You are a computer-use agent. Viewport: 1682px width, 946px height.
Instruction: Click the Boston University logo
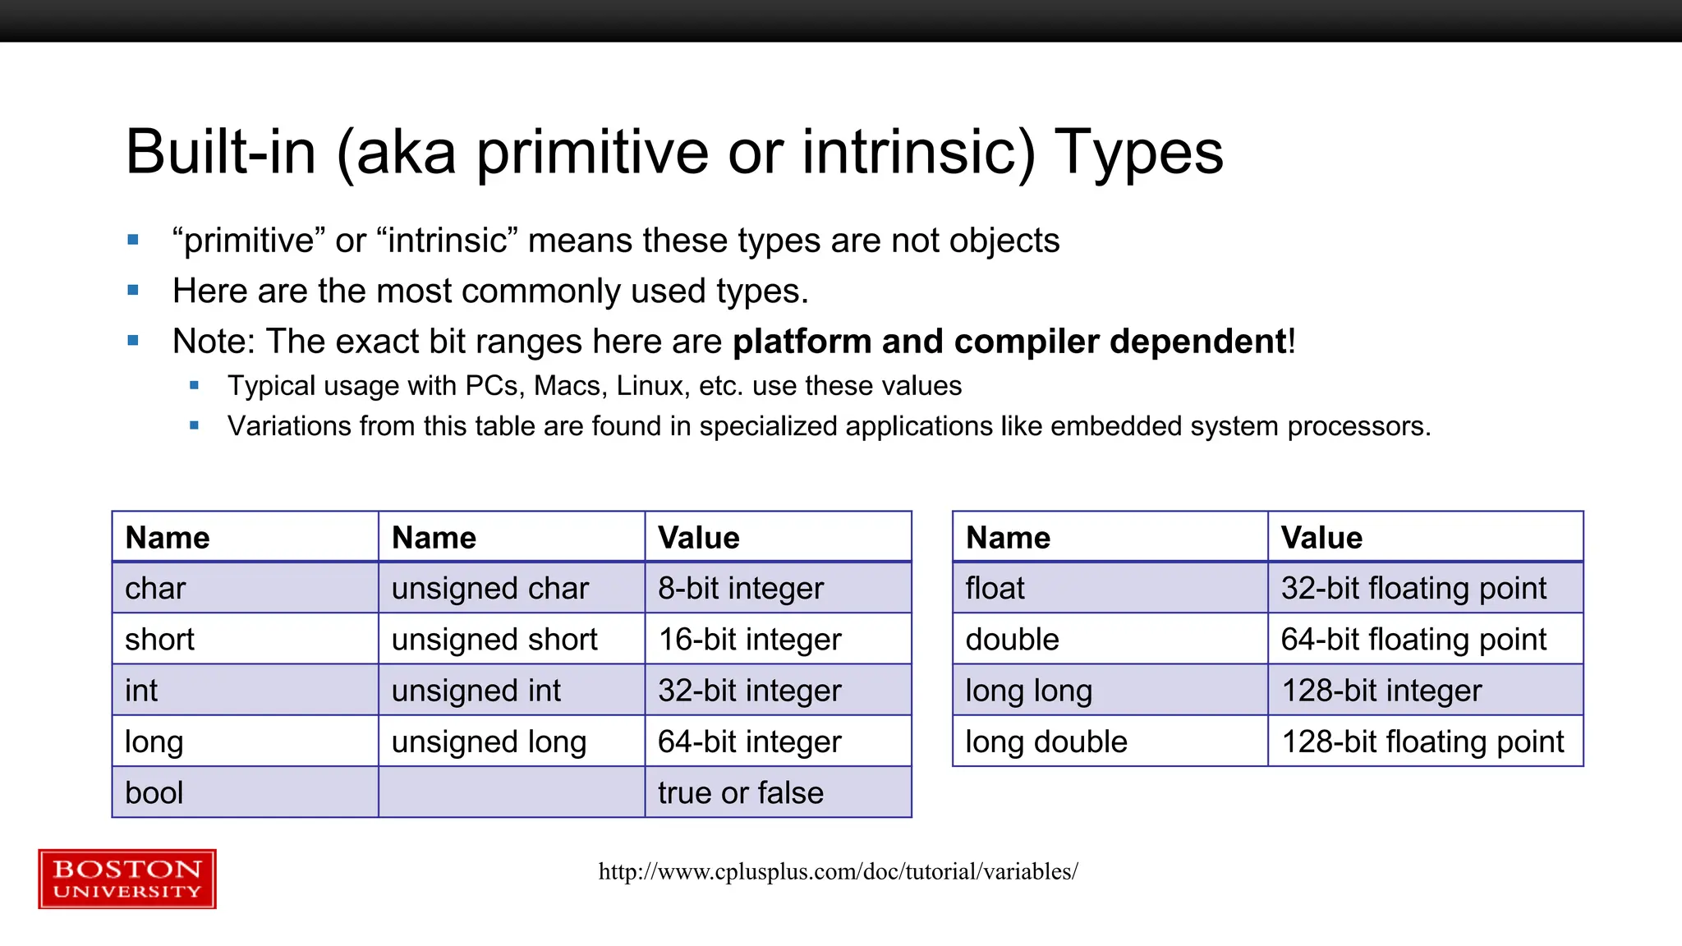(x=127, y=879)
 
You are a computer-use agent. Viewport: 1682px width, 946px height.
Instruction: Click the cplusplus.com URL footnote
(x=838, y=871)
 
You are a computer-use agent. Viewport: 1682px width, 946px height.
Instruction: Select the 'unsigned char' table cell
(x=490, y=589)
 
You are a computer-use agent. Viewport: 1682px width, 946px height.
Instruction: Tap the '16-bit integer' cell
(x=749, y=640)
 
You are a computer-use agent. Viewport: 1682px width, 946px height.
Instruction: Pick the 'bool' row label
(x=154, y=793)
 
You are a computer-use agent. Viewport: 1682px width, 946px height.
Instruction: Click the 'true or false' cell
(x=740, y=793)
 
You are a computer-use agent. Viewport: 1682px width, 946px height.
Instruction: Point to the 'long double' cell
(x=1046, y=742)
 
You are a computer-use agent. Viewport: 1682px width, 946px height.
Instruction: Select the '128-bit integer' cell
(x=1381, y=691)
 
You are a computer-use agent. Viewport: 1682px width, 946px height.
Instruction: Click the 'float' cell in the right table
(x=995, y=589)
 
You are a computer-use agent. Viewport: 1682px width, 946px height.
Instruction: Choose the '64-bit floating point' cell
(x=1413, y=640)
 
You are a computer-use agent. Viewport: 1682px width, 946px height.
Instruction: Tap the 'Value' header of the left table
(x=698, y=538)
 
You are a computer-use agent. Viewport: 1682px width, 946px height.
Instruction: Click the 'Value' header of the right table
(x=1321, y=538)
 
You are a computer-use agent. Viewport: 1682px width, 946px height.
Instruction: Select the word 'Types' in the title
(x=1138, y=153)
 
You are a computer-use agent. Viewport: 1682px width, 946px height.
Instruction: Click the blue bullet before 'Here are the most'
(x=133, y=291)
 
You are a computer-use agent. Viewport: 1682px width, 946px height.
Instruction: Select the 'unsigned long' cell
(x=489, y=742)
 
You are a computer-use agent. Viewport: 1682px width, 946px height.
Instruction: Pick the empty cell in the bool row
(x=511, y=793)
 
